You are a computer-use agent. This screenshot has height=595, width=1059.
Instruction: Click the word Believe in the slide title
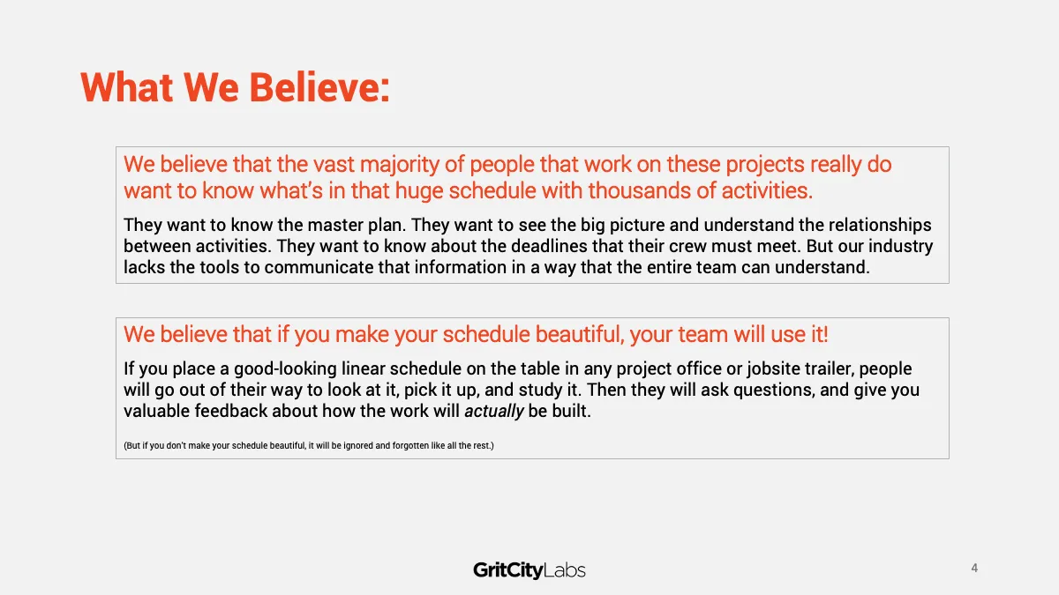pyautogui.click(x=319, y=87)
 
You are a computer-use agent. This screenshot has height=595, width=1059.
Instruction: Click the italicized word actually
pyautogui.click(x=494, y=412)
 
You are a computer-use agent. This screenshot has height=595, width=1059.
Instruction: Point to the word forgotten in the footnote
pyautogui.click(x=410, y=445)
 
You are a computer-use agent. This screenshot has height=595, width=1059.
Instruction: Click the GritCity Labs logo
pyautogui.click(x=529, y=570)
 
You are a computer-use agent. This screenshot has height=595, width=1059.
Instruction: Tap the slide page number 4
pyautogui.click(x=974, y=568)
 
